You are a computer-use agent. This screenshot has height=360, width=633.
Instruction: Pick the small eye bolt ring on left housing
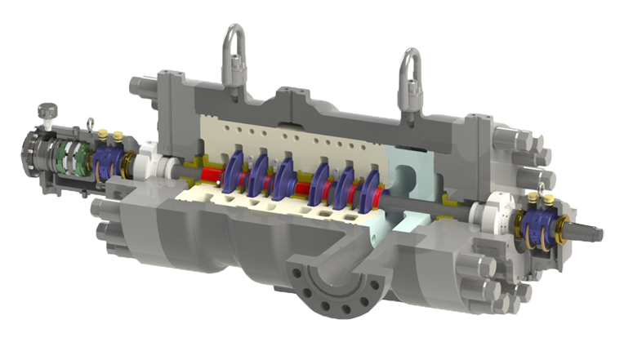[x=91, y=125]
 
